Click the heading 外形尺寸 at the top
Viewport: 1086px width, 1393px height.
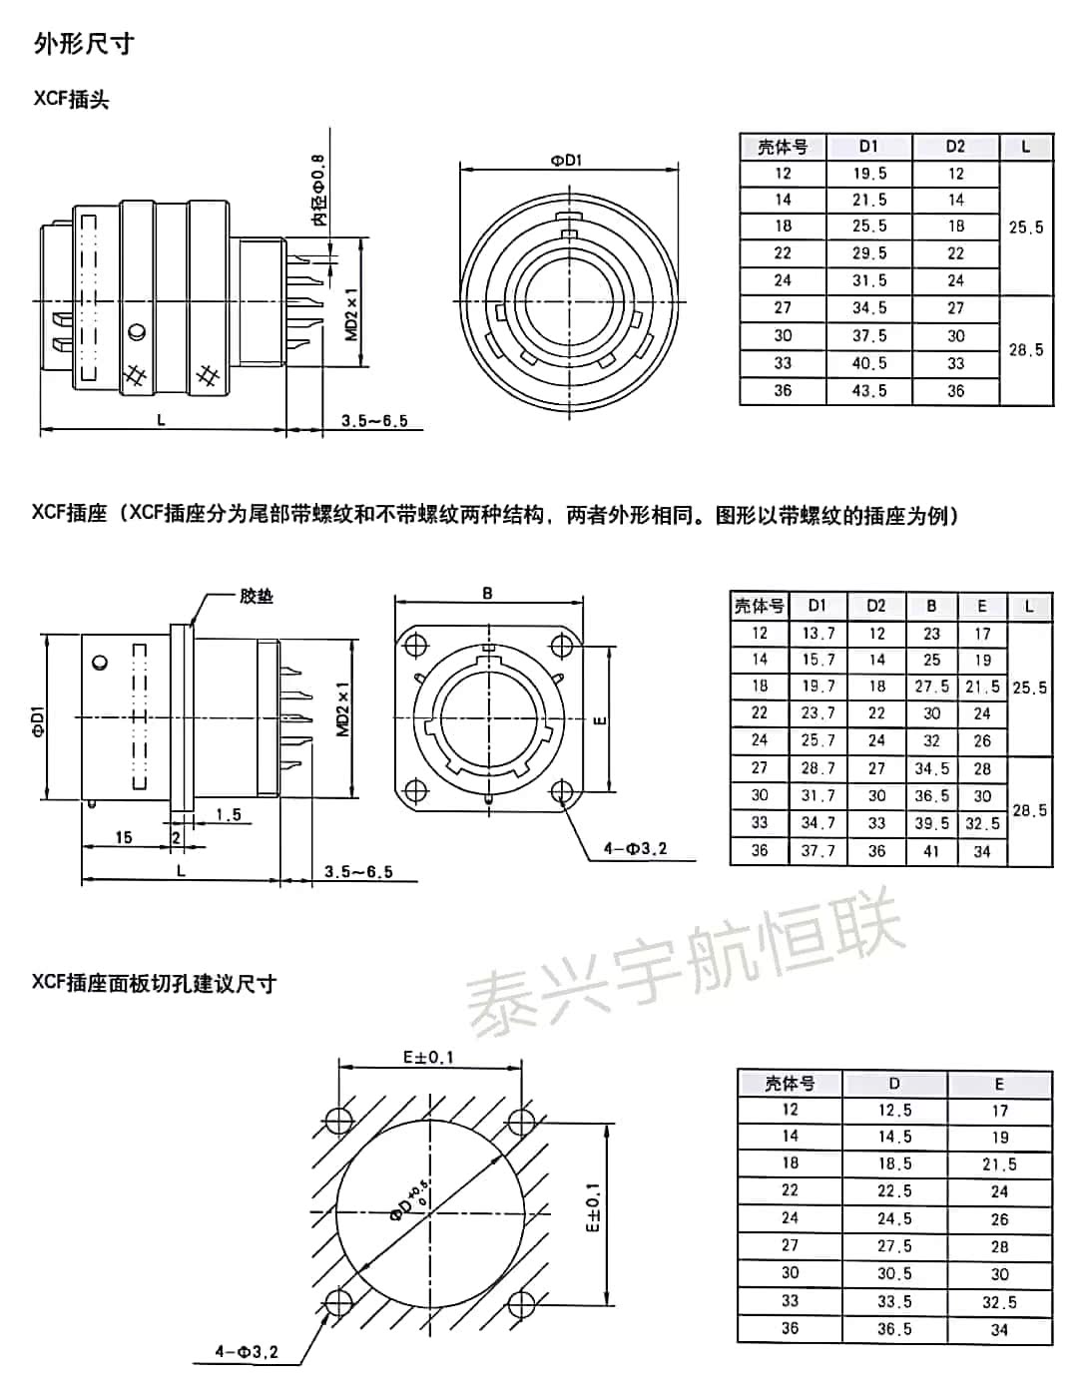click(x=83, y=43)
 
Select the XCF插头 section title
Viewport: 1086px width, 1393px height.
click(x=71, y=100)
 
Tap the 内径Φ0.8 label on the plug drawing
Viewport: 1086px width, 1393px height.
click(x=317, y=190)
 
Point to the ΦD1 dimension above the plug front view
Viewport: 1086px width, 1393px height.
click(x=567, y=160)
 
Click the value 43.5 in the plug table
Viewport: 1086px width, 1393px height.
click(x=868, y=391)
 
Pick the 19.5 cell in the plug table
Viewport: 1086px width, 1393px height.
click(x=868, y=174)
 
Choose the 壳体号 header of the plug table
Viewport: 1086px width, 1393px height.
click(x=783, y=147)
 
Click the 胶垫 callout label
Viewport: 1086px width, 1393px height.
click(x=257, y=596)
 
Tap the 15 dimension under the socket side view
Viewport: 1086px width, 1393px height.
click(x=124, y=837)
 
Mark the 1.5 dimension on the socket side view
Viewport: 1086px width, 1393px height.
click(x=229, y=814)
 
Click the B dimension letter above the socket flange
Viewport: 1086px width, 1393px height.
click(x=487, y=594)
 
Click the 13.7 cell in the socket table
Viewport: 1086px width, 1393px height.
click(x=817, y=633)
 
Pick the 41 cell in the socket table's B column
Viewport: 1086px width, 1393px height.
click(x=931, y=851)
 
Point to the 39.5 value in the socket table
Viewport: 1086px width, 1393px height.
click(x=931, y=823)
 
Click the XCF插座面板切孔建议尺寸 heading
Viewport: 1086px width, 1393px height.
click(x=154, y=984)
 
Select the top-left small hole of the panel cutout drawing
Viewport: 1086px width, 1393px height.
click(x=338, y=1117)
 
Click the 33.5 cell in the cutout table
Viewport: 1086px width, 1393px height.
click(x=893, y=1301)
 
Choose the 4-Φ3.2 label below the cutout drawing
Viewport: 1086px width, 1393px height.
click(x=247, y=1353)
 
